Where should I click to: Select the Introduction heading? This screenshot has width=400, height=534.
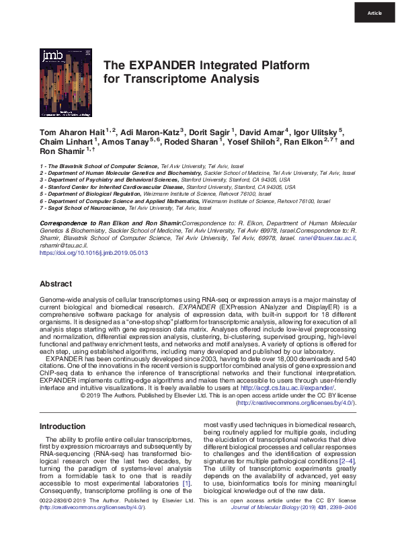coord(63,426)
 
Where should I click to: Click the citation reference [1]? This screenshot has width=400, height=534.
coord(187,483)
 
